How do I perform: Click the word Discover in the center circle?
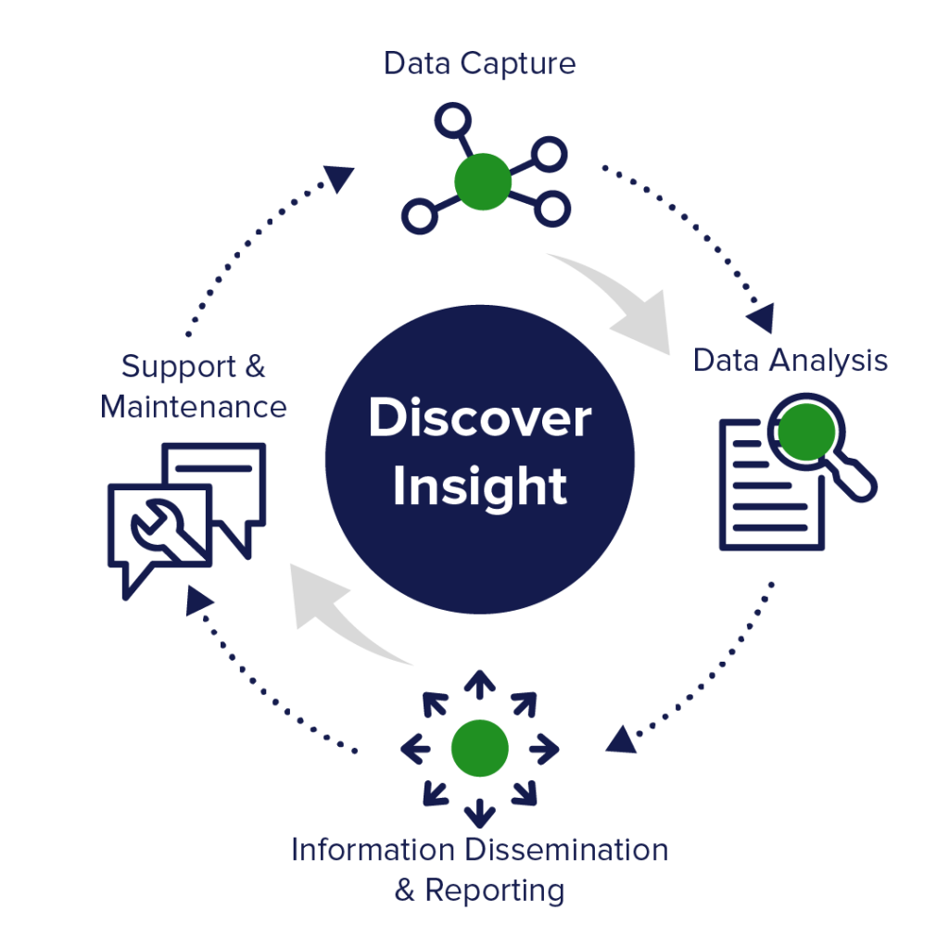tap(479, 419)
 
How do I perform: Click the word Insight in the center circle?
tap(479, 487)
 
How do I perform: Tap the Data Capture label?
tap(480, 64)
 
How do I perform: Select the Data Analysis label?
tap(791, 361)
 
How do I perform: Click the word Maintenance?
tap(194, 407)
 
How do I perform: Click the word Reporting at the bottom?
tap(494, 891)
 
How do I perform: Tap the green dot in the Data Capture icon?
tap(483, 181)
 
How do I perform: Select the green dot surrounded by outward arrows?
tap(479, 747)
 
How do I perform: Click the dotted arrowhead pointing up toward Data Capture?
tap(340, 177)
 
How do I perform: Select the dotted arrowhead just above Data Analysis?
tap(762, 318)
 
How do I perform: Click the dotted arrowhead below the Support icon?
tap(196, 600)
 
